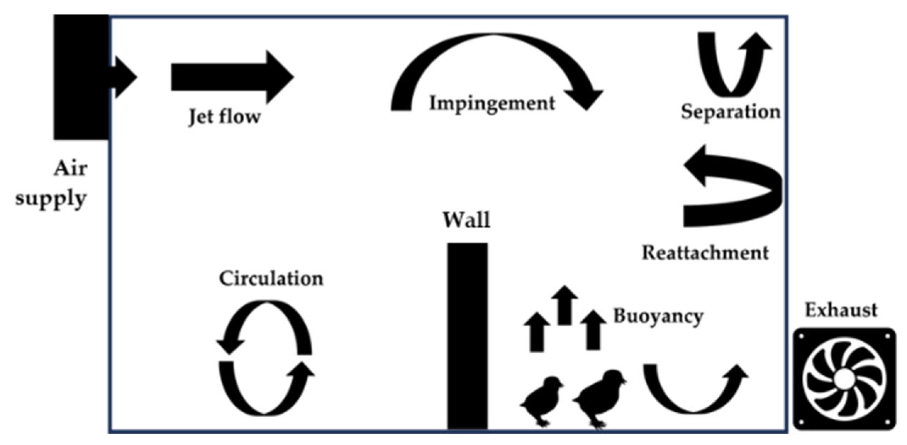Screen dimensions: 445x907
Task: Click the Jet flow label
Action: pyautogui.click(x=224, y=117)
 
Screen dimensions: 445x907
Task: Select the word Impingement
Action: pyautogui.click(x=492, y=104)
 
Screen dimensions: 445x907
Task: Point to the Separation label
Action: pyautogui.click(x=730, y=112)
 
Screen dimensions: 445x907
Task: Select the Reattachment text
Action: pyautogui.click(x=705, y=253)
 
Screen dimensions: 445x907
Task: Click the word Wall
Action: pyautogui.click(x=467, y=220)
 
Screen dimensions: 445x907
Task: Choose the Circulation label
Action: pyautogui.click(x=271, y=278)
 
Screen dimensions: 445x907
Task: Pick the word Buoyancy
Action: pyautogui.click(x=658, y=316)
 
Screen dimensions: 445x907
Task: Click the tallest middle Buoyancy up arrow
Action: pyautogui.click(x=564, y=305)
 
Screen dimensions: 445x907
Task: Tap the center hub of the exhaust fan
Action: pyautogui.click(x=844, y=379)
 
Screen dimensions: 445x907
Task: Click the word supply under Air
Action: pyautogui.click(x=51, y=199)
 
